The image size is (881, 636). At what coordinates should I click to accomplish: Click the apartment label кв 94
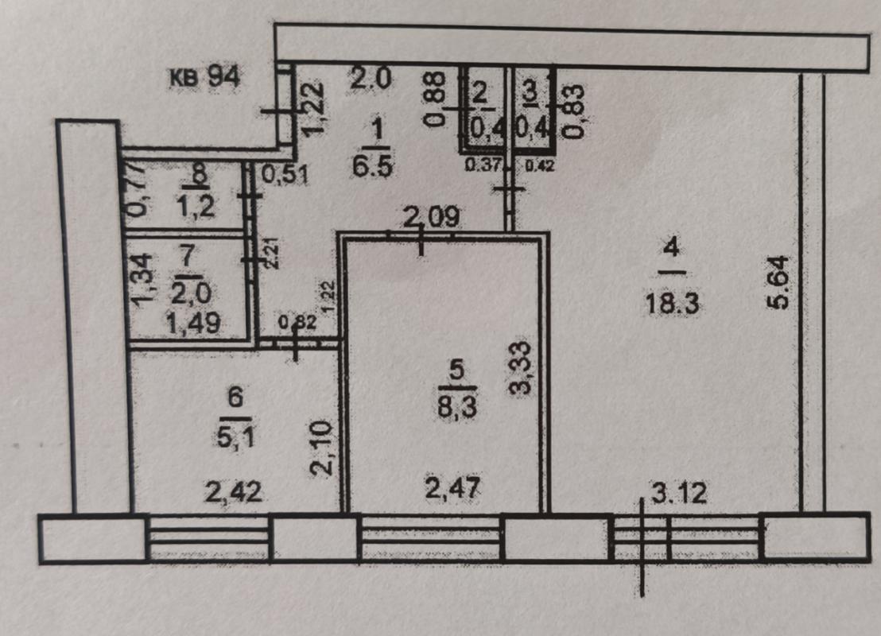point(205,76)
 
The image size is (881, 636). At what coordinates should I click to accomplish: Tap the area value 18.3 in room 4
point(672,304)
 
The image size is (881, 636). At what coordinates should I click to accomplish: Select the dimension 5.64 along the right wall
point(778,282)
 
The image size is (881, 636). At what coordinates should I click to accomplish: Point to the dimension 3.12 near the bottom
point(679,494)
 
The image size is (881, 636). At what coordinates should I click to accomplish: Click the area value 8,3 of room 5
point(457,406)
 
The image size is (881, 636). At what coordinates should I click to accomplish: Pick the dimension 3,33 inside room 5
point(522,369)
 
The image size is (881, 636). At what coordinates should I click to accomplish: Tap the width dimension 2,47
point(452,487)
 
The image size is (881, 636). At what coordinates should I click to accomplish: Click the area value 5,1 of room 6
point(236,436)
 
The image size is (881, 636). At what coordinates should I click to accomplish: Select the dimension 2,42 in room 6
point(233,492)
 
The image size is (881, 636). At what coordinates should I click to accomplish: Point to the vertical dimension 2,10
point(322,450)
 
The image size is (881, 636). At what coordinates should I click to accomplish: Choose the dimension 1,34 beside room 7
point(141,280)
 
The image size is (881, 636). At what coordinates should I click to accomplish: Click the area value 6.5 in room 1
point(371,166)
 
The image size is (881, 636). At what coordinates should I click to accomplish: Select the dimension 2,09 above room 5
point(432,217)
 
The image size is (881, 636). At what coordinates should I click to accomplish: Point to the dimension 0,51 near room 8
point(285,175)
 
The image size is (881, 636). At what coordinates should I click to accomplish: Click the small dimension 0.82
point(297,323)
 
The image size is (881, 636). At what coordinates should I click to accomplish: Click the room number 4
point(672,248)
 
